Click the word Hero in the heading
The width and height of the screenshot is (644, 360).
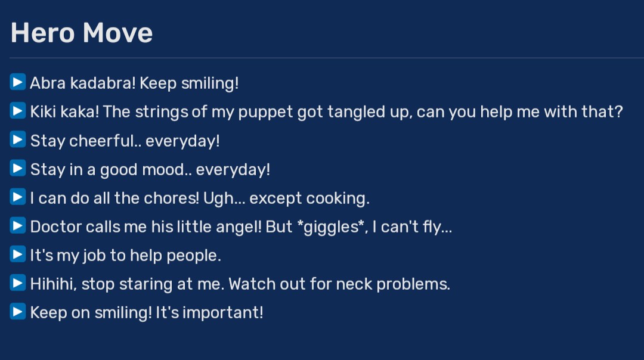(43, 33)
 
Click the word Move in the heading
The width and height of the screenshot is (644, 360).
(118, 33)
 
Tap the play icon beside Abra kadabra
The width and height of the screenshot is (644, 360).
(18, 82)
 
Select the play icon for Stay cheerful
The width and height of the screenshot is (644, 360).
(18, 139)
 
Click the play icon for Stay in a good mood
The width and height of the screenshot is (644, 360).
(18, 168)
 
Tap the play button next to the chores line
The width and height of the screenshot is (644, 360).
(18, 197)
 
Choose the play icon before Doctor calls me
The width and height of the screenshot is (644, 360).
(18, 225)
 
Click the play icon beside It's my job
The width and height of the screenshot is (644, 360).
(18, 254)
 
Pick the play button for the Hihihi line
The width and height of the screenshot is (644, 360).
(18, 283)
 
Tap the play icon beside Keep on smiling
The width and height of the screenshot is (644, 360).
(18, 311)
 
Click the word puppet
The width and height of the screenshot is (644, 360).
(265, 113)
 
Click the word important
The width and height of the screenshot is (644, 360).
(222, 313)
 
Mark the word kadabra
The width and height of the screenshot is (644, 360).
(103, 83)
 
